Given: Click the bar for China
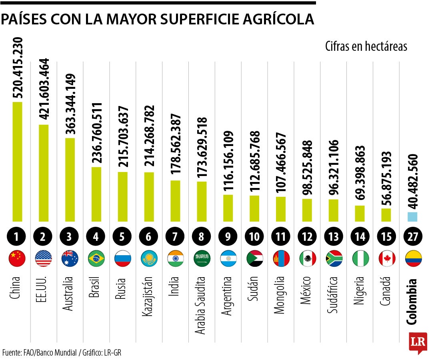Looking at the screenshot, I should click(17, 162).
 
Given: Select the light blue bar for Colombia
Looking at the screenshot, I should click(412, 217).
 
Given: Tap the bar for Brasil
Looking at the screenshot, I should click(96, 194).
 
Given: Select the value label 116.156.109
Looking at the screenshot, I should click(228, 161).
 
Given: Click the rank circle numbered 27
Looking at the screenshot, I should click(413, 236).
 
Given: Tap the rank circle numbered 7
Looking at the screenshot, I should click(175, 236).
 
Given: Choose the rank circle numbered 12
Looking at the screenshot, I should click(307, 236).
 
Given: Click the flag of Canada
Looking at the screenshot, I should click(387, 259).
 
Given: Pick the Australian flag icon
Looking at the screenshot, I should click(70, 259).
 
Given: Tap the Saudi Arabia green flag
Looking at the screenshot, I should click(202, 259).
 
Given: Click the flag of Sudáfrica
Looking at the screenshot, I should click(334, 259).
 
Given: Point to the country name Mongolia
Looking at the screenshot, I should click(280, 295).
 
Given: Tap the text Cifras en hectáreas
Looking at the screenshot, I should click(366, 46).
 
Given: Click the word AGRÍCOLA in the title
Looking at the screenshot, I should click(271, 20).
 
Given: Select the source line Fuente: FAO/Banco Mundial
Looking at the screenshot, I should click(40, 352).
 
